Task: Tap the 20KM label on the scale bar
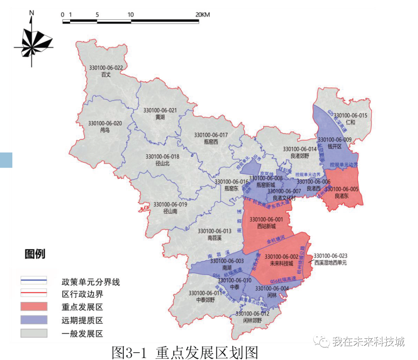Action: [x=202, y=15]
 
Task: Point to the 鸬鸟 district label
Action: [x=105, y=127]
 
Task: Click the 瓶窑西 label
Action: [x=211, y=138]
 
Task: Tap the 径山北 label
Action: [x=162, y=160]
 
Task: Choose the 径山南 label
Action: [x=170, y=208]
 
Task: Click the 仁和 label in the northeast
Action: [x=350, y=118]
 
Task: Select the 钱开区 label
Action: [x=334, y=143]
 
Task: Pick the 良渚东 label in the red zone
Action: [x=342, y=192]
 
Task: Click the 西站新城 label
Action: [x=266, y=223]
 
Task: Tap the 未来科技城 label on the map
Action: [x=281, y=260]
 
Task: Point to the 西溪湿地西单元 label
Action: [x=330, y=259]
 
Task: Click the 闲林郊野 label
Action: [x=252, y=317]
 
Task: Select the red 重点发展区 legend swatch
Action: [x=34, y=307]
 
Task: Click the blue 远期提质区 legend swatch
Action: [x=34, y=320]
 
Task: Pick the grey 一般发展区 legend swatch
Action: [x=34, y=333]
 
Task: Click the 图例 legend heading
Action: [x=35, y=254]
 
